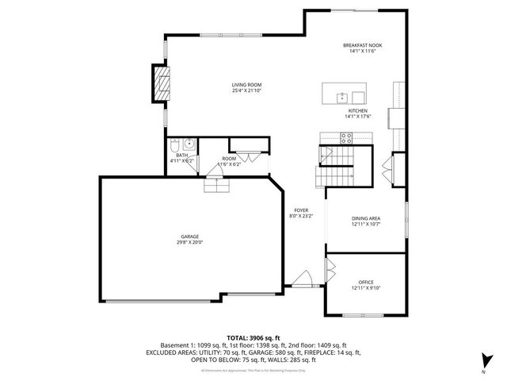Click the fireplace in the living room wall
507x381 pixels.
[161, 82]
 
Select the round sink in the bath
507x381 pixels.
[189, 144]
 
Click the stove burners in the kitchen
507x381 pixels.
[346, 137]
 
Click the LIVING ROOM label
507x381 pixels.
[246, 85]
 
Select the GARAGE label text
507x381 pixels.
[189, 236]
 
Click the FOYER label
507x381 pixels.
[301, 210]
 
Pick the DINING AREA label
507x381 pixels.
[366, 218]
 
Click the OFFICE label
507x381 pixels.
[365, 282]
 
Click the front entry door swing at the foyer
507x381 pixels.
[301, 278]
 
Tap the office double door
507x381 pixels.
[326, 270]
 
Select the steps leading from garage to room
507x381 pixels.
[216, 185]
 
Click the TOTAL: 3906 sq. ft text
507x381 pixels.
[253, 337]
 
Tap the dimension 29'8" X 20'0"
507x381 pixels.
[189, 242]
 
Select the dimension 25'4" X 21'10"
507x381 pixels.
[246, 91]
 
